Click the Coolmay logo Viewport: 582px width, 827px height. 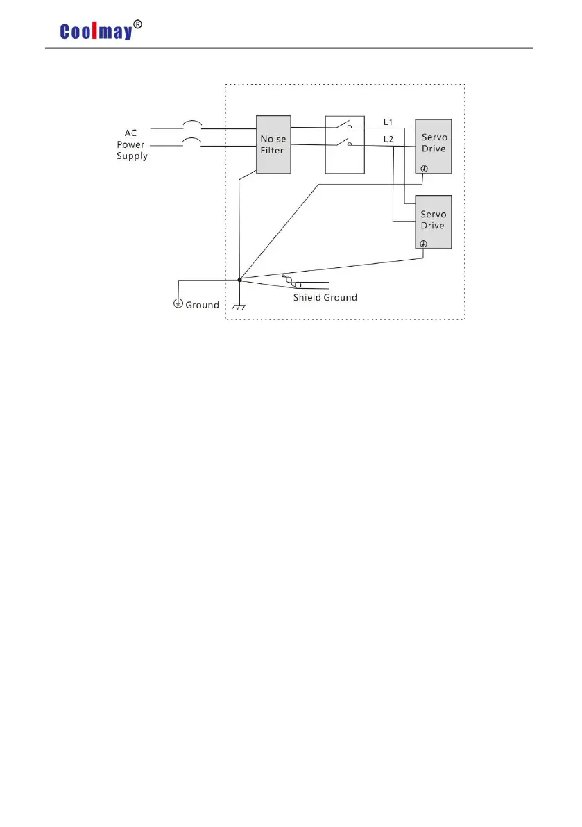point(96,31)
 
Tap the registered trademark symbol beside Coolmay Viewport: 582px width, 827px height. point(138,24)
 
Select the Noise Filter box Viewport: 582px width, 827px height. point(273,144)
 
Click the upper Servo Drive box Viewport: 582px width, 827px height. point(434,146)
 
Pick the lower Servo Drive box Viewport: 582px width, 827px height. point(434,221)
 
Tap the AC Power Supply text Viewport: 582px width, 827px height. point(132,144)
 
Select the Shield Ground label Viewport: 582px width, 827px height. point(325,297)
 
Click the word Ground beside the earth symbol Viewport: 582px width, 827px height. point(202,305)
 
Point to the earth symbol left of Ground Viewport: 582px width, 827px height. point(178,303)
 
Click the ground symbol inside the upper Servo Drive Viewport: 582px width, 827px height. point(424,169)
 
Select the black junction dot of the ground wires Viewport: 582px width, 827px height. point(239,280)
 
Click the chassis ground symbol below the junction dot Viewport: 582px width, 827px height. point(239,307)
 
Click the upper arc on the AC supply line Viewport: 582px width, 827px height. point(191,124)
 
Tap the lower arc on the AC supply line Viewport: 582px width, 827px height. point(191,142)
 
